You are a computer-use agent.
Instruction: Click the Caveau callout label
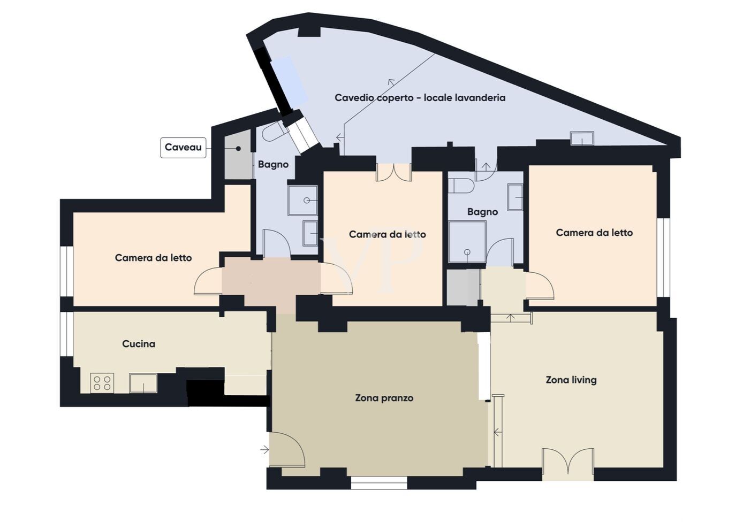pos(183,148)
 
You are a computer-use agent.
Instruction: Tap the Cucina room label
pos(139,344)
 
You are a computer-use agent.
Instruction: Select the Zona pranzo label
pos(384,398)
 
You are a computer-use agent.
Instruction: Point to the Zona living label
pos(571,380)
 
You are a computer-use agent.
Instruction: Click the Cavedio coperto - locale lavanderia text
pos(420,98)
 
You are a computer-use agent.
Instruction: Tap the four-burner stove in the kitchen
pos(102,383)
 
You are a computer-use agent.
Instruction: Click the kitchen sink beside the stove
pos(143,383)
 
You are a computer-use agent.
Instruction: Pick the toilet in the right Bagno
pos(461,186)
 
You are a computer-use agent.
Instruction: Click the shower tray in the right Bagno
pos(467,242)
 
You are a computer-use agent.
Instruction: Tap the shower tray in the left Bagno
pos(302,201)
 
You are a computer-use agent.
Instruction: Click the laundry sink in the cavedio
pos(582,139)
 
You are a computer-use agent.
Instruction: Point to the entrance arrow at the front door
pos(264,450)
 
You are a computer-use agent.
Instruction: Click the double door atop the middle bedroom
pos(394,172)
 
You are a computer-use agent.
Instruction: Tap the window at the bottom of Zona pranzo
pos(379,482)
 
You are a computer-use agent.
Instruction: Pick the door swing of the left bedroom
pos(208,281)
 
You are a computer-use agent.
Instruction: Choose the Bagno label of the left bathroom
pos(274,164)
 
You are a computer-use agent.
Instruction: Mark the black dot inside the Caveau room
pos(239,149)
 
